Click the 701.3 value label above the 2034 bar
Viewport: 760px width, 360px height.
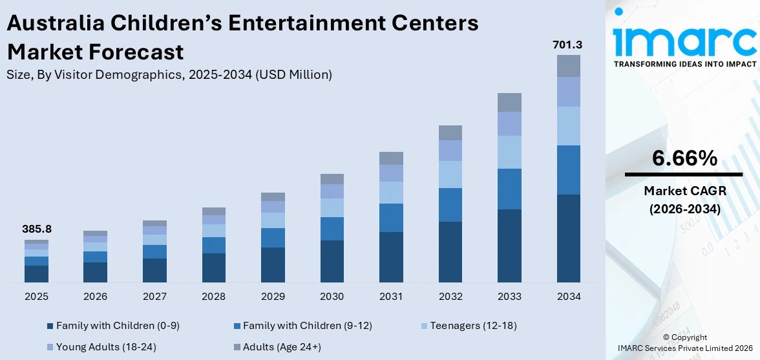[567, 45]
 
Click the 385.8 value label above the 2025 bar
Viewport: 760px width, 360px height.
[36, 229]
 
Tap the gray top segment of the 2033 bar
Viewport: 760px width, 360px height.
[509, 102]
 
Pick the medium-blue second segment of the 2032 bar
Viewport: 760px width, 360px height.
[450, 205]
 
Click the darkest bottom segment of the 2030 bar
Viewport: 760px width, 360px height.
[332, 261]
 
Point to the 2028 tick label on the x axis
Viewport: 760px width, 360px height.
[214, 297]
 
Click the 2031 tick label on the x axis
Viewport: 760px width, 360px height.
[391, 297]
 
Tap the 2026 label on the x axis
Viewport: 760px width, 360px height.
[96, 297]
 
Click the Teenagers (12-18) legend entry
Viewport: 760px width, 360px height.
[472, 325]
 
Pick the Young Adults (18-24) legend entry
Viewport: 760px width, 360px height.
[106, 347]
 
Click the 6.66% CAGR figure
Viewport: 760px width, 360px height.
[684, 158]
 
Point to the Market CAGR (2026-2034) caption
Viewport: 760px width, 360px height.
[684, 200]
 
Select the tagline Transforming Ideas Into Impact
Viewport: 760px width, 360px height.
[684, 64]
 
